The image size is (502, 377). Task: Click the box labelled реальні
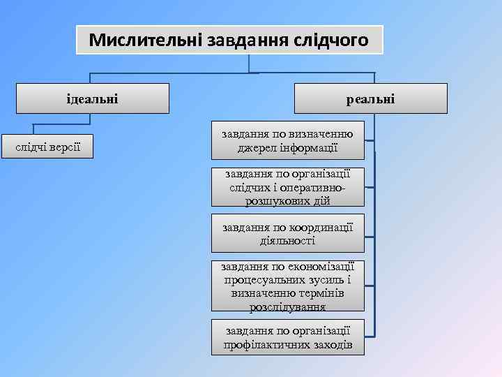point(370,98)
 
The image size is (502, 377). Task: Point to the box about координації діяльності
point(287,233)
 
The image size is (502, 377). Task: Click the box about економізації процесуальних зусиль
point(287,286)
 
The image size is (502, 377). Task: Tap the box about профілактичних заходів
point(287,337)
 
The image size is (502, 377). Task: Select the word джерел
point(254,147)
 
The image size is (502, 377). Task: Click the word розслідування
point(287,306)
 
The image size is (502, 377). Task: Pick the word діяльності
point(287,240)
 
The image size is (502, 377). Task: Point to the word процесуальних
point(266,279)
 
